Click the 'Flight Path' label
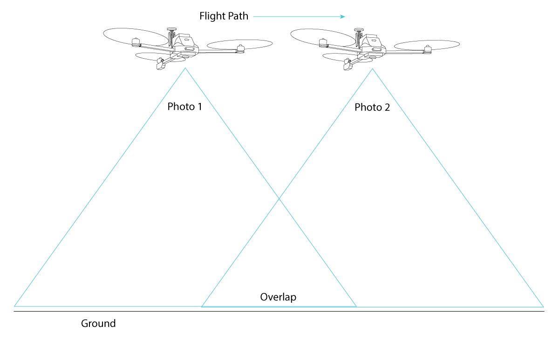(224, 16)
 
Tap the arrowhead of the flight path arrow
(342, 17)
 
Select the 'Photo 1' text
(185, 107)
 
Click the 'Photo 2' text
(372, 108)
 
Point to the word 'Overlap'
(278, 297)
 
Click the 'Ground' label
(98, 323)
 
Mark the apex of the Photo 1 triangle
(185, 68)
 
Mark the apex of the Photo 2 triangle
(372, 69)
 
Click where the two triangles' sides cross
(279, 199)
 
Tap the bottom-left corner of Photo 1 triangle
(15, 306)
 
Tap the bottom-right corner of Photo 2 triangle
(543, 306)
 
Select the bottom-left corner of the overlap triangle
(202, 306)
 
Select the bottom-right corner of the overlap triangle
(356, 306)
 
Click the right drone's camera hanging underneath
(348, 65)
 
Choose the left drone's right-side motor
(240, 48)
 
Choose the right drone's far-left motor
(322, 43)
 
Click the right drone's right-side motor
(428, 49)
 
